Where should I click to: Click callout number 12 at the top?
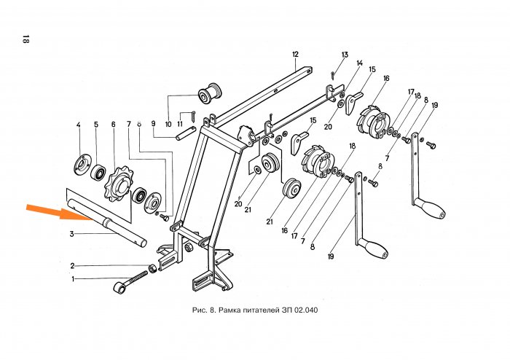296,55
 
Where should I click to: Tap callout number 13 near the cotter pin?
345,55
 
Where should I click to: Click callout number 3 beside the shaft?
72,234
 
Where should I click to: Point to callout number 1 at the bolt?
73,278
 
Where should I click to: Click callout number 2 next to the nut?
73,265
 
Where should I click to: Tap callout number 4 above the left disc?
79,126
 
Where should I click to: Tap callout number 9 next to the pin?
154,124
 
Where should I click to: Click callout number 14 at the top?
359,64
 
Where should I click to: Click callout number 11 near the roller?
180,125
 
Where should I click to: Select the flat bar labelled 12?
262,94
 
